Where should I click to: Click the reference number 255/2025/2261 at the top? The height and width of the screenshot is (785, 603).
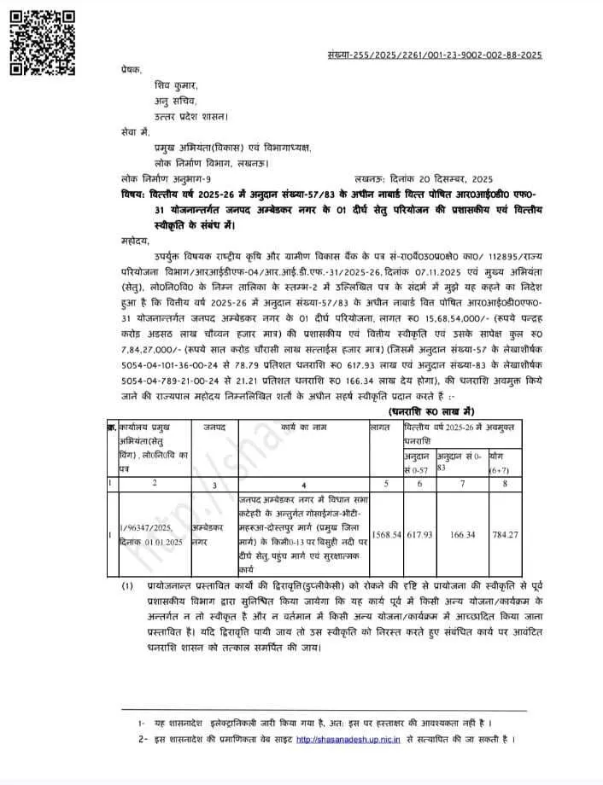pos(436,55)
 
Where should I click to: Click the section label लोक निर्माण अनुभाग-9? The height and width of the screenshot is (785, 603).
pos(166,179)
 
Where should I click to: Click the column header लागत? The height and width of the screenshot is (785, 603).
pos(380,423)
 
